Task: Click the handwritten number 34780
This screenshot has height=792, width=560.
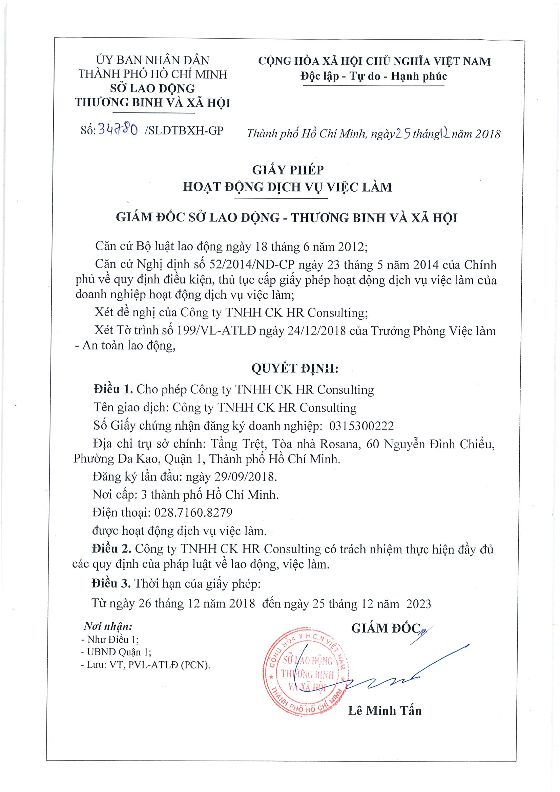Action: tap(118, 130)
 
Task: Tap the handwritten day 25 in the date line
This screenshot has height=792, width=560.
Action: tap(402, 133)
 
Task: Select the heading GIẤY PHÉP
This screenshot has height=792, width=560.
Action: tap(288, 170)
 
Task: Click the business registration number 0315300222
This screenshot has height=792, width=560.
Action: tap(361, 426)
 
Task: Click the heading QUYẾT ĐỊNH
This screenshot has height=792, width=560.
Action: tap(295, 368)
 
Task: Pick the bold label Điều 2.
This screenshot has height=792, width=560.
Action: tap(111, 549)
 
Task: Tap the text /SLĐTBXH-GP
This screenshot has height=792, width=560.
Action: tap(184, 130)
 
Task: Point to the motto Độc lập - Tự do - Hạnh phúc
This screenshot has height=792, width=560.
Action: tap(373, 76)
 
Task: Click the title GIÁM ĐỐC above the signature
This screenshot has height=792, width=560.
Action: tap(386, 628)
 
